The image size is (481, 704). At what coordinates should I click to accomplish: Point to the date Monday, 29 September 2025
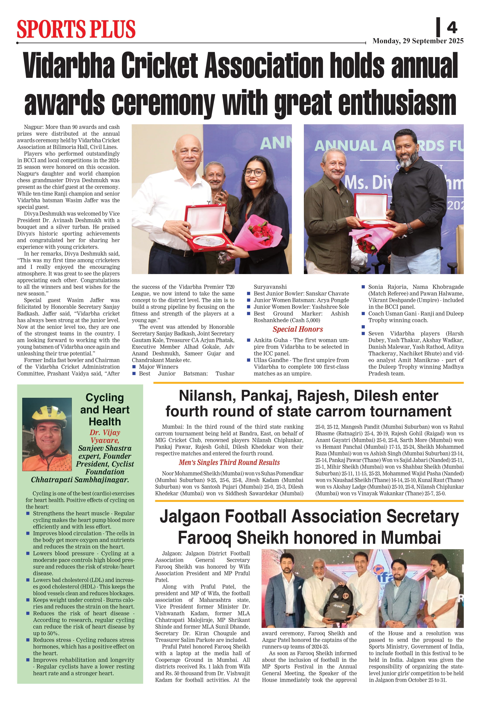[x=418, y=41]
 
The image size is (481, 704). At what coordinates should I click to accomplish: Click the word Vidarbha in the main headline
[x=69, y=66]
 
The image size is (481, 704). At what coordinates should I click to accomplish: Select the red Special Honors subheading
[x=298, y=329]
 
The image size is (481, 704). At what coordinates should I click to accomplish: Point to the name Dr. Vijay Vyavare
[x=105, y=436]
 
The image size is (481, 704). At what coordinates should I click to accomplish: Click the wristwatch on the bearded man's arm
[x=410, y=228]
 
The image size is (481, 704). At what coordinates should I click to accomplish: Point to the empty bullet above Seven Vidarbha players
[x=363, y=327]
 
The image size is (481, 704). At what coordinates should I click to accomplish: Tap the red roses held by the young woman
[x=260, y=231]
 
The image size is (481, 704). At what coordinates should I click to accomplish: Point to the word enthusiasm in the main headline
[x=397, y=103]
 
